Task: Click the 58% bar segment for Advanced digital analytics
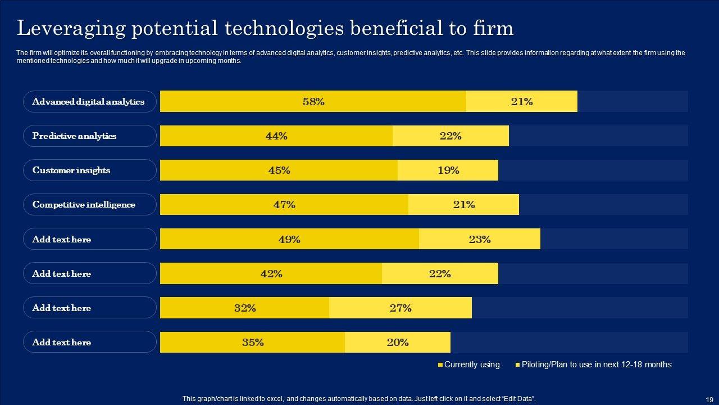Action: tap(313, 101)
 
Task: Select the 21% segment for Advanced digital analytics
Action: tap(521, 101)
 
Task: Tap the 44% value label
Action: tap(276, 136)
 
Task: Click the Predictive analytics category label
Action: tap(74, 136)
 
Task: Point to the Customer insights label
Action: tap(71, 170)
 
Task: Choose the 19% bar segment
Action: tap(448, 170)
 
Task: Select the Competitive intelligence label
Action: tap(84, 204)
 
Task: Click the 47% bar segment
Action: tap(284, 204)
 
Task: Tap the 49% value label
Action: tap(289, 239)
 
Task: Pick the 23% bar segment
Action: tap(480, 239)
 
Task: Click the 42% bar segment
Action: tap(271, 273)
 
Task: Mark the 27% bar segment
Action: tap(400, 308)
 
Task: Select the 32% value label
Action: tap(245, 308)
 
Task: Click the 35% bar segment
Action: tap(252, 342)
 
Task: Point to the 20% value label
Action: tap(398, 342)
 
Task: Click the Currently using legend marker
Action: tap(440, 365)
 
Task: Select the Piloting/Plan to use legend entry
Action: tap(596, 364)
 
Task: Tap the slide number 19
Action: tap(709, 399)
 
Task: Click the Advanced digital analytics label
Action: tap(88, 101)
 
